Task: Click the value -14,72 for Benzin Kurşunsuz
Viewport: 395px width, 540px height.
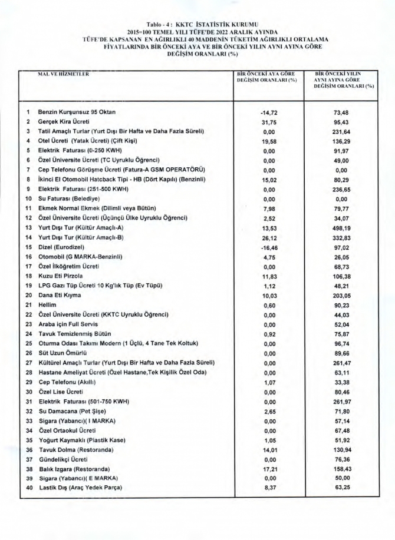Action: click(x=269, y=112)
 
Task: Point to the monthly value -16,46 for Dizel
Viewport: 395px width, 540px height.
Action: click(x=269, y=247)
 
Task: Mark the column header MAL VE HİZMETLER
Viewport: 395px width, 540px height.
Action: click(x=64, y=75)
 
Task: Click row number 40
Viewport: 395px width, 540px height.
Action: click(x=28, y=488)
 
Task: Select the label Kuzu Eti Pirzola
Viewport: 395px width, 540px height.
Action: click(x=61, y=276)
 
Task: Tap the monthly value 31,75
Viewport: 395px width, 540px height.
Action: click(x=269, y=121)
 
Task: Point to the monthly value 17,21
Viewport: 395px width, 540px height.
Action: click(x=269, y=469)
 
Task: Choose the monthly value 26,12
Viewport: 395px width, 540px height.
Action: click(x=269, y=237)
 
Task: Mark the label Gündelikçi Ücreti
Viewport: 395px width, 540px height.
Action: click(x=62, y=459)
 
